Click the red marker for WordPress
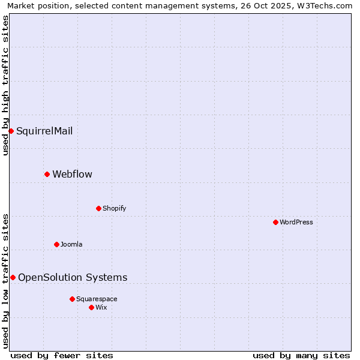275,222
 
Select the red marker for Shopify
98,208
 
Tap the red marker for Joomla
56,244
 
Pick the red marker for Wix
91,307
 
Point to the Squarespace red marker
72,299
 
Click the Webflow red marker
47,174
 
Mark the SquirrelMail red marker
11,131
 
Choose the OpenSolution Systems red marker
13,277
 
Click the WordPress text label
296,222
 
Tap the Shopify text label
114,208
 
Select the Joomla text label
71,244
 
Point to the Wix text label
101,307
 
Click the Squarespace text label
97,299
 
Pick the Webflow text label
72,174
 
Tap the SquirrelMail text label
44,131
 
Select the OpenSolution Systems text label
73,277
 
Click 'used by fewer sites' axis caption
62,355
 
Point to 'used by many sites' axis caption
301,355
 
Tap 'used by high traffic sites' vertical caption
5,85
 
